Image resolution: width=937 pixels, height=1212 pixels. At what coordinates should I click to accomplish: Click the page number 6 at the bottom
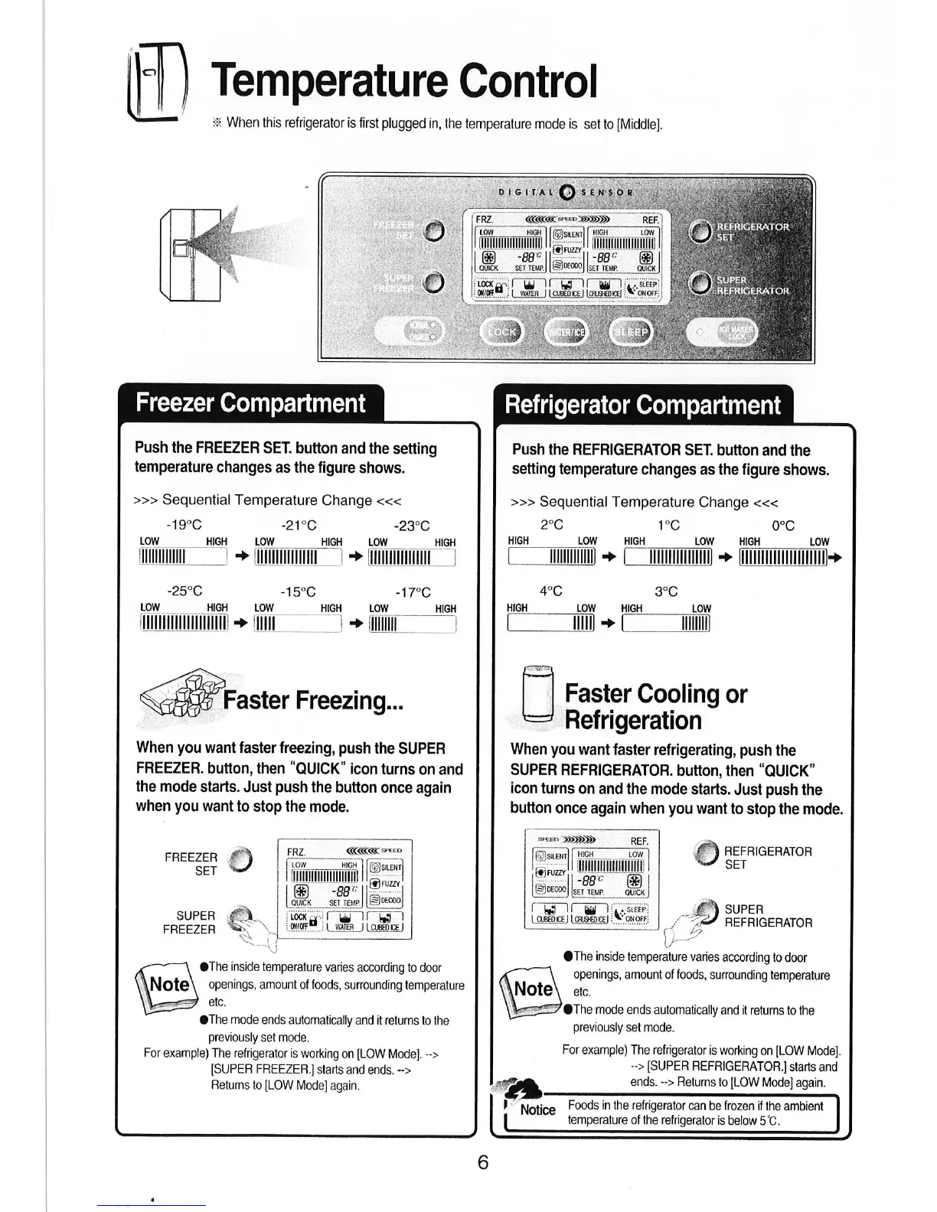click(482, 1162)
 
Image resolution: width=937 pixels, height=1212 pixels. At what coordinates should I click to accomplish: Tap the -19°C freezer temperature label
click(184, 525)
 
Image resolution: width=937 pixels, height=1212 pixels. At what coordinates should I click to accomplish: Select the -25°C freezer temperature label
click(184, 591)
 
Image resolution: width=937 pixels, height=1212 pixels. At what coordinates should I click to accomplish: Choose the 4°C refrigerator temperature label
click(550, 591)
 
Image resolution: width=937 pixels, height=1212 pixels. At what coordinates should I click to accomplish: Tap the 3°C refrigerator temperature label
click(666, 591)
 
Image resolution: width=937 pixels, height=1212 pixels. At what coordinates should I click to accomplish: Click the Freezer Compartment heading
click(250, 403)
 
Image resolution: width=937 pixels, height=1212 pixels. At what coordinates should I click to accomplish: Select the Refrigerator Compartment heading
click(643, 405)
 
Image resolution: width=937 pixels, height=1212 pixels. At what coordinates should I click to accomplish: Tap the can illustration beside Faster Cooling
click(537, 695)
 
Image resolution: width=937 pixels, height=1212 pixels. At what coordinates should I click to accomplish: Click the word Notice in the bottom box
click(537, 1109)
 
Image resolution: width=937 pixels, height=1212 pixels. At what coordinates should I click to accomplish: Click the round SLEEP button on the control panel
click(632, 332)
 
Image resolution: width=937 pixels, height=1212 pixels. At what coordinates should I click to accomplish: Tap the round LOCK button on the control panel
click(502, 332)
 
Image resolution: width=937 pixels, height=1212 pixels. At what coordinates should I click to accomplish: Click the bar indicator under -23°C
click(411, 559)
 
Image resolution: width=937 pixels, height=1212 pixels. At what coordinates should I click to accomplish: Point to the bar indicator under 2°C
click(552, 558)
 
